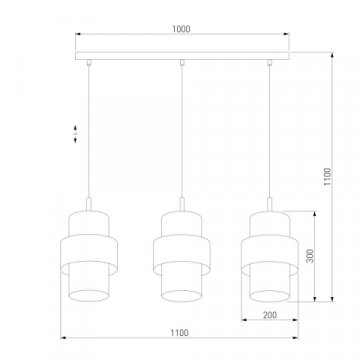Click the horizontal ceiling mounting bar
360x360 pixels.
click(x=180, y=49)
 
